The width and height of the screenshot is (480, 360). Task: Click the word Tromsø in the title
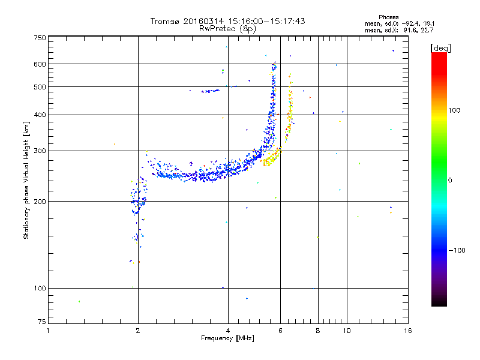tap(166, 21)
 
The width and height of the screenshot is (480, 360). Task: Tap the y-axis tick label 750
tap(40, 38)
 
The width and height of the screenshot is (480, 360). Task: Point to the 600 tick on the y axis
tap(40, 64)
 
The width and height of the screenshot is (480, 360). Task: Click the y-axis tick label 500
tap(40, 87)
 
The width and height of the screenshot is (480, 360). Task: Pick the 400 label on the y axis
tap(40, 115)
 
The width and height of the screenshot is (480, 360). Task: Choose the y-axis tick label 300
tap(40, 151)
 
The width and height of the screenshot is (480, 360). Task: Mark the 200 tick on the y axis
tap(40, 202)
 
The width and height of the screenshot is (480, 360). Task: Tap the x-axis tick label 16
tap(407, 331)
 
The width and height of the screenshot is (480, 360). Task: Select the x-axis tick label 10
tap(346, 331)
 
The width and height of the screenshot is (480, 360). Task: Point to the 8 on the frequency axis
tap(318, 331)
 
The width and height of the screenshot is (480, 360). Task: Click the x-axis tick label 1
tap(48, 331)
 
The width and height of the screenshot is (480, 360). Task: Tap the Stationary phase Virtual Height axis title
tap(26, 180)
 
